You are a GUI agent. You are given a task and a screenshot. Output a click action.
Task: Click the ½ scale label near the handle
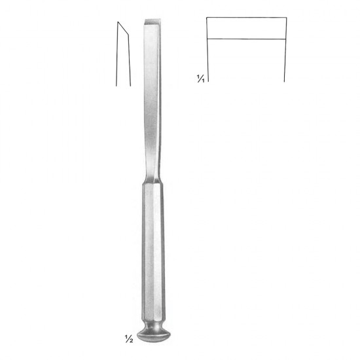click(x=129, y=339)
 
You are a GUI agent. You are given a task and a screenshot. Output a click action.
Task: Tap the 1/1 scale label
click(x=200, y=79)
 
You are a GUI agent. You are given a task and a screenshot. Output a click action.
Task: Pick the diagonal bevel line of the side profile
click(x=123, y=28)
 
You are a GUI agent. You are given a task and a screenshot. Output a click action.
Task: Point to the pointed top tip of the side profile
click(x=118, y=22)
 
